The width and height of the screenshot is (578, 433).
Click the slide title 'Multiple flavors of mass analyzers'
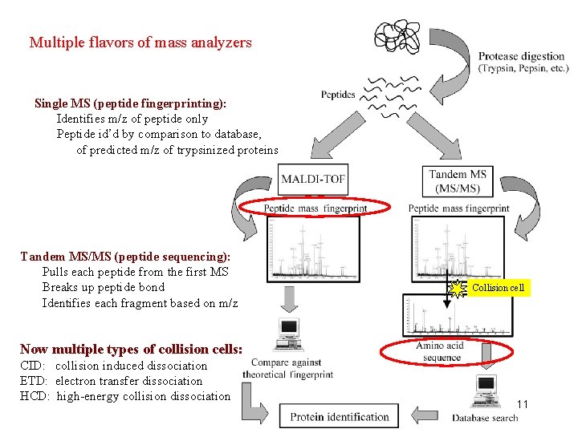pyautogui.click(x=140, y=42)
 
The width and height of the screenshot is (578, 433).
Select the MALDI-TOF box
pyautogui.click(x=313, y=178)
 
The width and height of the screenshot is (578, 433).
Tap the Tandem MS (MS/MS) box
pyautogui.click(x=458, y=181)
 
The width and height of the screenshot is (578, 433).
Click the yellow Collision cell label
pyautogui.click(x=498, y=288)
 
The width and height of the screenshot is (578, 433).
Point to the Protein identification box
pyautogui.click(x=340, y=416)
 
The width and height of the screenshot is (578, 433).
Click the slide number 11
pyautogui.click(x=522, y=404)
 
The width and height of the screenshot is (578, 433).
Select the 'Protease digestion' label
pyautogui.click(x=522, y=56)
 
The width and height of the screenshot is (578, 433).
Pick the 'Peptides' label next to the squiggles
pyautogui.click(x=338, y=95)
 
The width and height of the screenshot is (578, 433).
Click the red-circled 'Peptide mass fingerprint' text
pyautogui.click(x=315, y=208)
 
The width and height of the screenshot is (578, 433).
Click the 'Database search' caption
pyautogui.click(x=485, y=418)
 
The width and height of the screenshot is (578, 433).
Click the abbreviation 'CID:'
pyautogui.click(x=33, y=366)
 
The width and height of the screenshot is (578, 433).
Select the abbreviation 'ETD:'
pyautogui.click(x=34, y=381)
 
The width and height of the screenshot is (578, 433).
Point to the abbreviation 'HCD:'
pyautogui.click(x=35, y=396)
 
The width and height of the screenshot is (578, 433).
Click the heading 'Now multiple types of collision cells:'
pyautogui.click(x=131, y=349)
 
